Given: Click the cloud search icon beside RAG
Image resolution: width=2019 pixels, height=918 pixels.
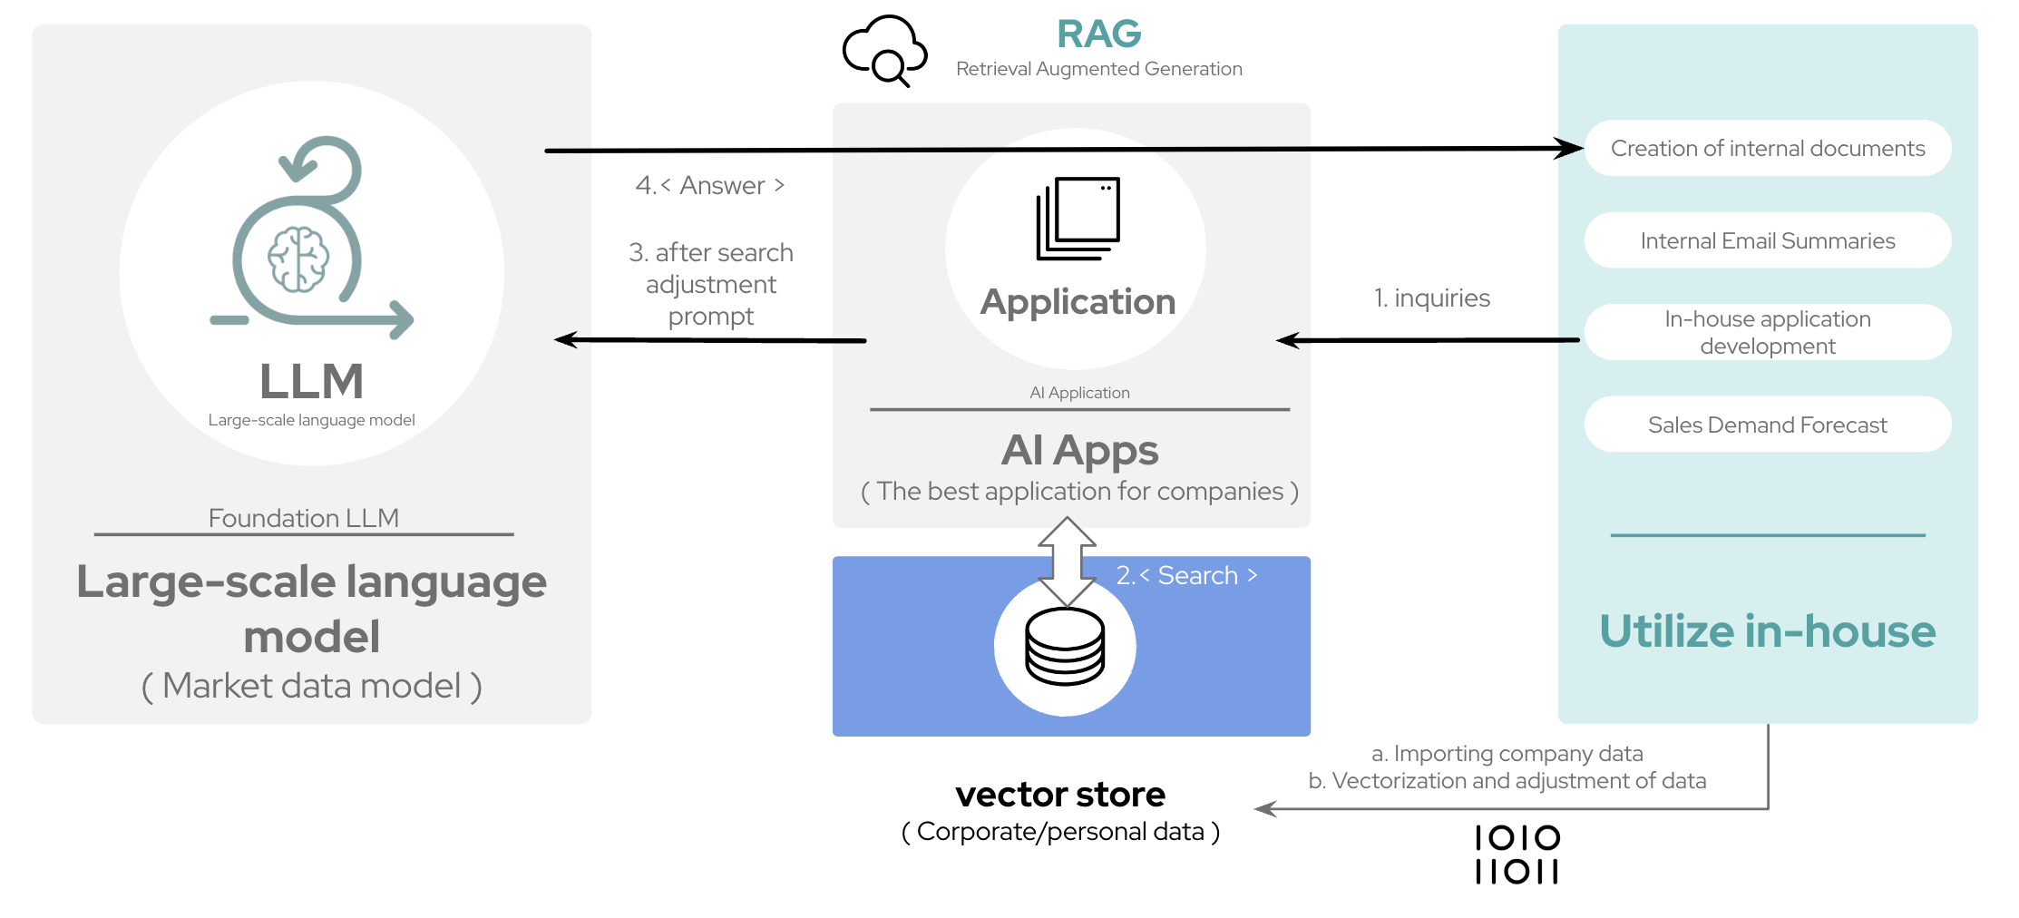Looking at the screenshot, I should pyautogui.click(x=883, y=52).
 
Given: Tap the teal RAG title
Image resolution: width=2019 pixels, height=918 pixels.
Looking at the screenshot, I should pyautogui.click(x=1098, y=34).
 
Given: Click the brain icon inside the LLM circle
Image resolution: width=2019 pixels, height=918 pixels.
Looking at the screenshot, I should pyautogui.click(x=298, y=259).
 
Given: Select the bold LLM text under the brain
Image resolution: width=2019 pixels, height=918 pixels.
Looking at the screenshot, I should pyautogui.click(x=311, y=381).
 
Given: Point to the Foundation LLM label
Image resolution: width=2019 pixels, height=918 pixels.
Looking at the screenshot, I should pyautogui.click(x=303, y=518).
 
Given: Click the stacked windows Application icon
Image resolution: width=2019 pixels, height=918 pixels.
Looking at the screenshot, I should pyautogui.click(x=1078, y=219).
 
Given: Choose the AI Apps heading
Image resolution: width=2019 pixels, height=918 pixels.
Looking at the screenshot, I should pyautogui.click(x=1079, y=451).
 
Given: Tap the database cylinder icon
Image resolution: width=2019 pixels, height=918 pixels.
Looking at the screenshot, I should pyautogui.click(x=1065, y=647).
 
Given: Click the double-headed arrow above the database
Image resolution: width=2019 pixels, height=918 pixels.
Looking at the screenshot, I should pyautogui.click(x=1067, y=561).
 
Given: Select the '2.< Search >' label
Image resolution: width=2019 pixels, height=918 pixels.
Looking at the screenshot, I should pyautogui.click(x=1186, y=576).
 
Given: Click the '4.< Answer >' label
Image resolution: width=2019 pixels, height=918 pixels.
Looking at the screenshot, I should pyautogui.click(x=709, y=186).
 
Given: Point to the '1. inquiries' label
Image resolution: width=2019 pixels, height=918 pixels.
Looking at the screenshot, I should pyautogui.click(x=1431, y=298).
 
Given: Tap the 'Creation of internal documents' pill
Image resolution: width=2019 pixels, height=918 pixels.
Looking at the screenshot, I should pyautogui.click(x=1767, y=149).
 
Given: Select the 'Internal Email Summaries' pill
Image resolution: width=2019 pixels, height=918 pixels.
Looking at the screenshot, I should pyautogui.click(x=1767, y=241).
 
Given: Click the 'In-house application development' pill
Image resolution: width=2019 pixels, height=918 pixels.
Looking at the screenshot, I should pyautogui.click(x=1767, y=333).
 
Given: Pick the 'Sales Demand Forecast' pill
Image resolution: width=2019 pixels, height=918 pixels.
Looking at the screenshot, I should pyautogui.click(x=1767, y=425).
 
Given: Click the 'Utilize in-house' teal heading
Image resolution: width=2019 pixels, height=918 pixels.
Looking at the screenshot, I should pyautogui.click(x=1767, y=631).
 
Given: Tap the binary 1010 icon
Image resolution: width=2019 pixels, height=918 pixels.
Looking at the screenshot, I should pyautogui.click(x=1517, y=855).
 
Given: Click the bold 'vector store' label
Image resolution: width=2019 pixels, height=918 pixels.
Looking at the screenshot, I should pyautogui.click(x=1059, y=795).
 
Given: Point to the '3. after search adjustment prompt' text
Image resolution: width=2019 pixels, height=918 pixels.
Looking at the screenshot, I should pyautogui.click(x=711, y=284).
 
